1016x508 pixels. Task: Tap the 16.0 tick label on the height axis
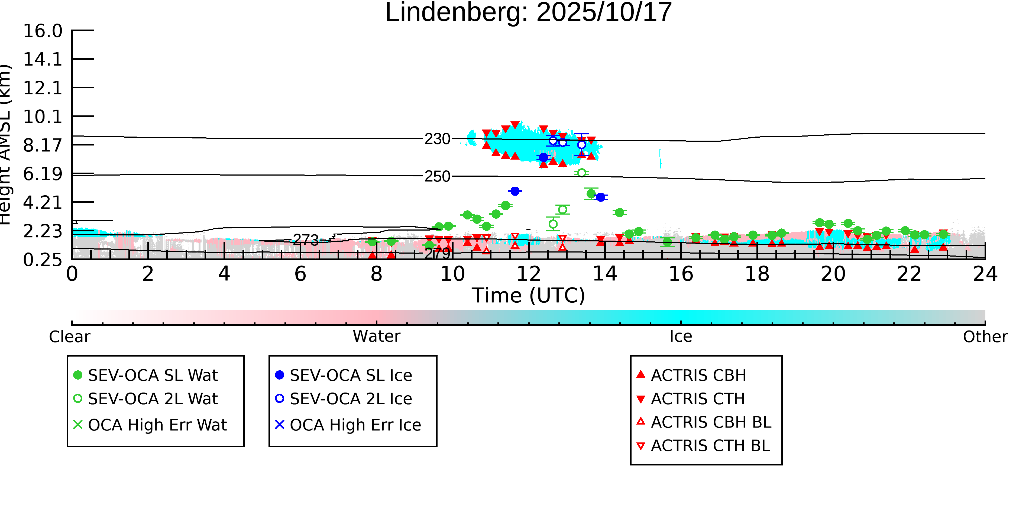tap(43, 31)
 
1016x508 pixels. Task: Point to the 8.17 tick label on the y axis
tap(43, 145)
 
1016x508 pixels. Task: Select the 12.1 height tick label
tap(43, 88)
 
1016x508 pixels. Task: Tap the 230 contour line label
tap(437, 139)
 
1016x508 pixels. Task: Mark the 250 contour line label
tap(437, 177)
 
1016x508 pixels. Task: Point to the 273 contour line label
tap(306, 240)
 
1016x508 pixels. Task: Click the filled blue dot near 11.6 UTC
tap(515, 191)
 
